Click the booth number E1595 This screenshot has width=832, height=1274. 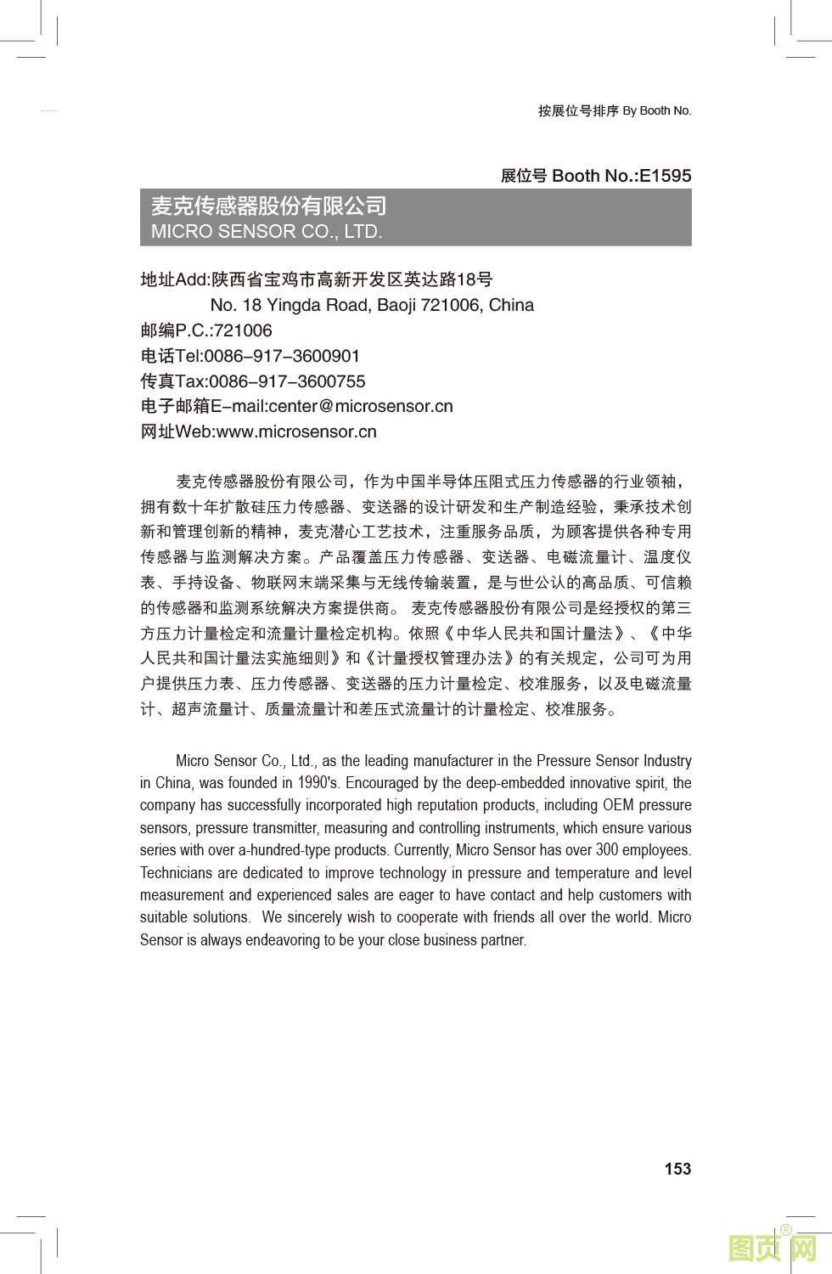pos(665,176)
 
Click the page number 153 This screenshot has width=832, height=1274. pos(677,1169)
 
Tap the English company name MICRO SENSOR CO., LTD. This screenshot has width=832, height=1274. pos(267,231)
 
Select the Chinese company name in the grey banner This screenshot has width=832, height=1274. pos(268,206)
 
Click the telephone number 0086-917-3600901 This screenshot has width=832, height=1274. pos(282,356)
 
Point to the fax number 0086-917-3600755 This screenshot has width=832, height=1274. pos(287,381)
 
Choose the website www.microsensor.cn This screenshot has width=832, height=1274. pos(296,431)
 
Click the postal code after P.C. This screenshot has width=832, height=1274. pos(243,330)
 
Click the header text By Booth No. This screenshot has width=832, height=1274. pos(657,110)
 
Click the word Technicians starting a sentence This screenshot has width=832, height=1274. pos(177,873)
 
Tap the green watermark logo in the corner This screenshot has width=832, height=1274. pos(772,1248)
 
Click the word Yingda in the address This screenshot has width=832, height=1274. pos(295,305)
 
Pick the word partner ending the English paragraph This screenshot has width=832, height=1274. pos(503,940)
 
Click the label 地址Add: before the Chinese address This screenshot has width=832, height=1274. pos(176,279)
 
